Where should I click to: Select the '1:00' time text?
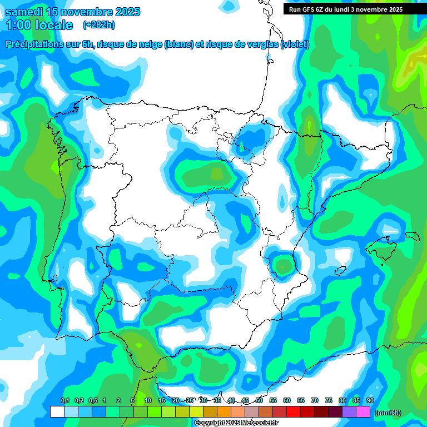[x=18, y=25]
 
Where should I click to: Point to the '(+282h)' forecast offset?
[x=98, y=25]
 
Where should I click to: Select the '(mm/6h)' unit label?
[x=388, y=413]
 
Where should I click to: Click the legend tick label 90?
[x=370, y=400]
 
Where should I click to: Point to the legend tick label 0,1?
[x=65, y=400]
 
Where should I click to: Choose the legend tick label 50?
[x=259, y=400]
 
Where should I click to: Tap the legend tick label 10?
[x=148, y=400]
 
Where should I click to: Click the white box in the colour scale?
[x=57, y=411]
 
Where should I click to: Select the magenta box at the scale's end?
[x=363, y=411]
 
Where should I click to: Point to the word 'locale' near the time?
[x=54, y=25]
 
